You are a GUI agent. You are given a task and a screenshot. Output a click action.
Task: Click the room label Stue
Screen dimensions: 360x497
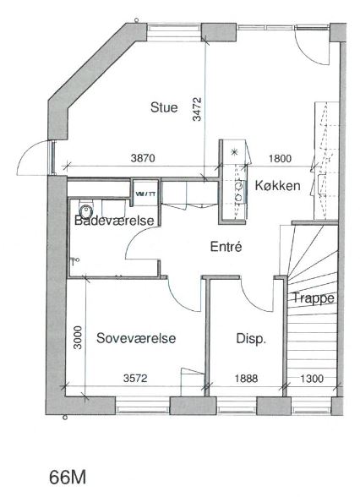pyautogui.click(x=164, y=107)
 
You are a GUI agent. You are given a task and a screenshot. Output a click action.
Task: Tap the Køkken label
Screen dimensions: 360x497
pyautogui.click(x=277, y=185)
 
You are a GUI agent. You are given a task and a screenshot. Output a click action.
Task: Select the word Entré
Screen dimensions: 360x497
pyautogui.click(x=226, y=246)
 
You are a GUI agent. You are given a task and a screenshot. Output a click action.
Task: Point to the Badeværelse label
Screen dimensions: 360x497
pyautogui.click(x=114, y=221)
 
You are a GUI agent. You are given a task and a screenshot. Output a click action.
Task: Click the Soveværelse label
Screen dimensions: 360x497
pyautogui.click(x=136, y=338)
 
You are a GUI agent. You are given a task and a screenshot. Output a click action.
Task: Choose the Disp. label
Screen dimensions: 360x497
pyautogui.click(x=251, y=339)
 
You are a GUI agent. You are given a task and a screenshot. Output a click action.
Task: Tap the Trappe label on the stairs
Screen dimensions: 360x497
pyautogui.click(x=313, y=298)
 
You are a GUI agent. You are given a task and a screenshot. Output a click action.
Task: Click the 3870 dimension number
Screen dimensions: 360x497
pyautogui.click(x=143, y=158)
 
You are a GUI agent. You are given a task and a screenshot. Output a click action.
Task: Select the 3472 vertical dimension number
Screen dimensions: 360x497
pyautogui.click(x=197, y=109)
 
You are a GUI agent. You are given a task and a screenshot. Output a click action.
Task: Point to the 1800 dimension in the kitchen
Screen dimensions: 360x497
pyautogui.click(x=280, y=158)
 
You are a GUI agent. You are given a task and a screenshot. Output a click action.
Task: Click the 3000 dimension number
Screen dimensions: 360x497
pyautogui.click(x=78, y=337)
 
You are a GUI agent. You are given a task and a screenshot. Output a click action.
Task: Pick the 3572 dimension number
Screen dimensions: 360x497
pyautogui.click(x=135, y=378)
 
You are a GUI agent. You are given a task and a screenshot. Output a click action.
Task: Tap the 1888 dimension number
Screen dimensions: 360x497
pyautogui.click(x=246, y=378)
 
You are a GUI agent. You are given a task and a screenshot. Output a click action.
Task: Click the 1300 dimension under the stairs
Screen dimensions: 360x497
pyautogui.click(x=312, y=379)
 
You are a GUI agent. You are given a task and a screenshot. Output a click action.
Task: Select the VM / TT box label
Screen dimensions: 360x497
pyautogui.click(x=145, y=194)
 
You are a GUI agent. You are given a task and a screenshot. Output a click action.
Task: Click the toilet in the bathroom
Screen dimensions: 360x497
pyautogui.click(x=86, y=209)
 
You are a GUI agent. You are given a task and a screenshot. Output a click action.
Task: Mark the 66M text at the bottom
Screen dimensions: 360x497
pyautogui.click(x=68, y=478)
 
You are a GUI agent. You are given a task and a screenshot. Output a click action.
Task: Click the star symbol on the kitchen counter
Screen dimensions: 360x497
pyautogui.click(x=235, y=151)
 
